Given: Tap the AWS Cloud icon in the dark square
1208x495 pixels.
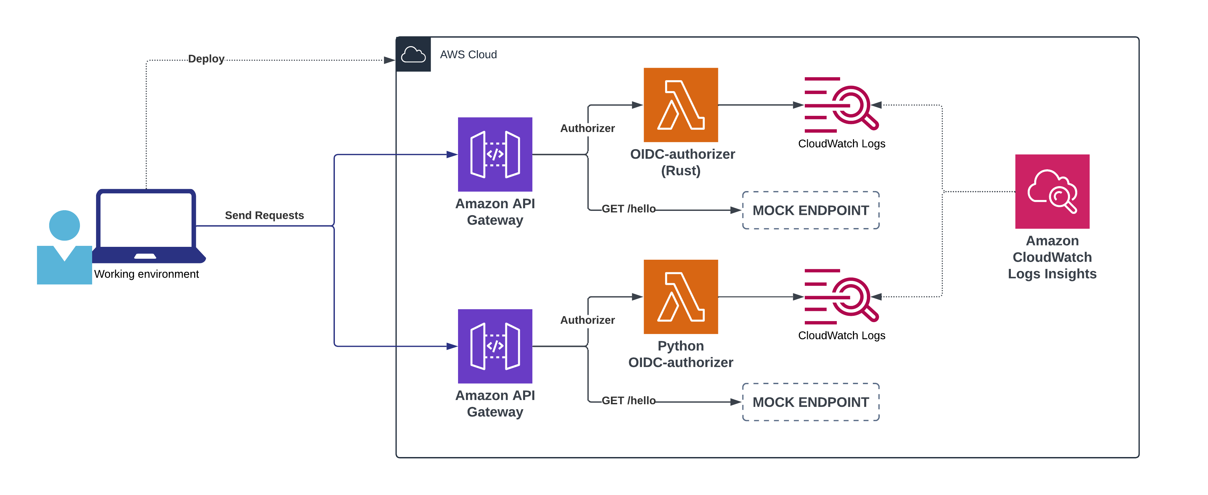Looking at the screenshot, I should pos(413,54).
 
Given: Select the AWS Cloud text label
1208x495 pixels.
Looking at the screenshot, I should pos(468,54).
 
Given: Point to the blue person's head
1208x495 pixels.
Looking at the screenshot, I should pos(64,225).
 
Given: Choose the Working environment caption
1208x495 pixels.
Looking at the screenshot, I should pos(146,274).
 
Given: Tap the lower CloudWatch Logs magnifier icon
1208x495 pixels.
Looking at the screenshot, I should pos(841,297).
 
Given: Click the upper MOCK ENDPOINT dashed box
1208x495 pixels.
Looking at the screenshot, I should pos(810,210).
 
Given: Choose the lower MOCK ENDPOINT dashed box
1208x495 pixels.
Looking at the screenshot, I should pos(810,402).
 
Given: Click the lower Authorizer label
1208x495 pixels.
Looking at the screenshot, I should pos(587,320).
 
